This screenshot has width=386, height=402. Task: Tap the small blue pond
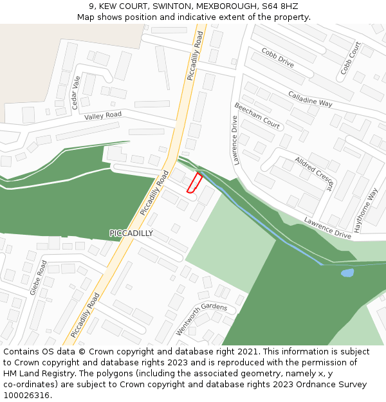[347, 273]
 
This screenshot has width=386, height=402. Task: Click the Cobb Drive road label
[277, 58]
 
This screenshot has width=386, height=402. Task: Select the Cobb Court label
[351, 58]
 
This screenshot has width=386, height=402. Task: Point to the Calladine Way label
[310, 98]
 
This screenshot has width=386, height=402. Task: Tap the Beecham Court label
[257, 116]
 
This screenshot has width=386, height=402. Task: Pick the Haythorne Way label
[365, 210]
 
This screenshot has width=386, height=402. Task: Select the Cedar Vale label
[75, 92]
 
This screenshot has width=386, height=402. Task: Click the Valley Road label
[103, 116]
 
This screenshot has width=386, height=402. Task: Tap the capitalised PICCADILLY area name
[131, 233]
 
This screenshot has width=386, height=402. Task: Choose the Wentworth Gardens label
[201, 319]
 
